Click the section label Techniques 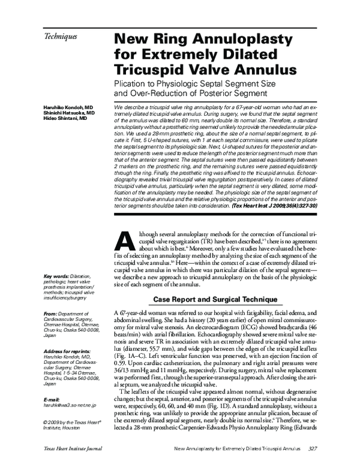click(60, 37)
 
